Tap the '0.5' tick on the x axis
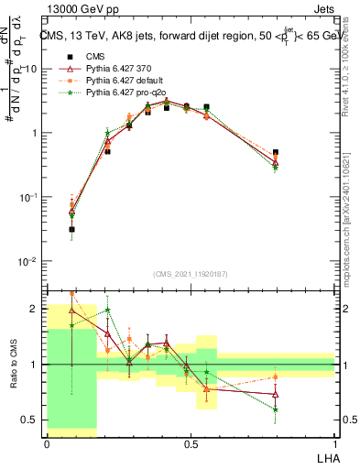[191, 442]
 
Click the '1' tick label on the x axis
[334, 442]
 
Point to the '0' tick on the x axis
[47, 442]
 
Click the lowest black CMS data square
[71, 230]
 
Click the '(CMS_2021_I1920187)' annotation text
[191, 273]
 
